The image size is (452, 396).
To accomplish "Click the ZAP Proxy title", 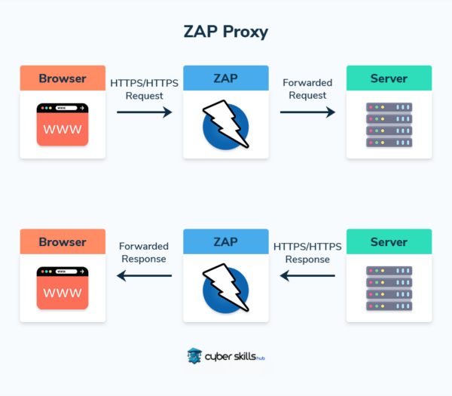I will pyautogui.click(x=226, y=32).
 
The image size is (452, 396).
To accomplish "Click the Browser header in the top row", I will pyautogui.click(x=63, y=78).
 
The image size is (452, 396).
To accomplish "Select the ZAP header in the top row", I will pyautogui.click(x=226, y=78).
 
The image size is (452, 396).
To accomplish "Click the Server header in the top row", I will pyautogui.click(x=389, y=78).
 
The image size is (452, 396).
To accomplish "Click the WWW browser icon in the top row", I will pyautogui.click(x=63, y=124).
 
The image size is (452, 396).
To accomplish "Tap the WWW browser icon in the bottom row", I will pyautogui.click(x=63, y=289).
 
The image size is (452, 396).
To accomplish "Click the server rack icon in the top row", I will pyautogui.click(x=389, y=124).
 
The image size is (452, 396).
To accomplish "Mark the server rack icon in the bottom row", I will pyautogui.click(x=389, y=289).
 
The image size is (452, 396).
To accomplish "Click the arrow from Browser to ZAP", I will pyautogui.click(x=144, y=112).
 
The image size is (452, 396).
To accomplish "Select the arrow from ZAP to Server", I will pyautogui.click(x=307, y=112).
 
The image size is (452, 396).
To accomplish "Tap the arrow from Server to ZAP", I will pyautogui.click(x=307, y=276).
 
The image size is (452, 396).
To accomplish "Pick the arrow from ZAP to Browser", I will pyautogui.click(x=144, y=276).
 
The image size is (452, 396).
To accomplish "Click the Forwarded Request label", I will pyautogui.click(x=307, y=89).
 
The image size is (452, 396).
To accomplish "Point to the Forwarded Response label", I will pyautogui.click(x=144, y=253).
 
